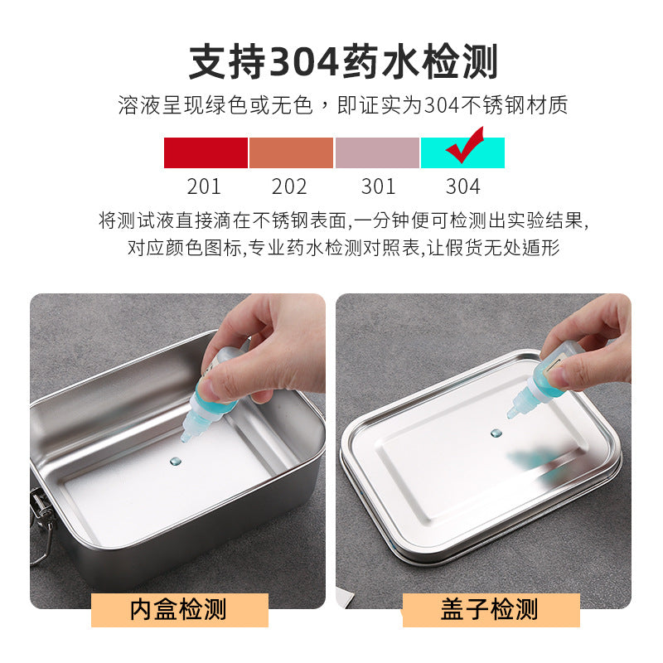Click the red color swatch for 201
206,153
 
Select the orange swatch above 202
291,153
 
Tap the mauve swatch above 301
377,153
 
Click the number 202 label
289,186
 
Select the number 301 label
378,186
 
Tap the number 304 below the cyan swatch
463,186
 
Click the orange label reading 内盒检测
179,611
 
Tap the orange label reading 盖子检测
490,611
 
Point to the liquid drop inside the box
175,458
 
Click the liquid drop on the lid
496,433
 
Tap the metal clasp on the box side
40,514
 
